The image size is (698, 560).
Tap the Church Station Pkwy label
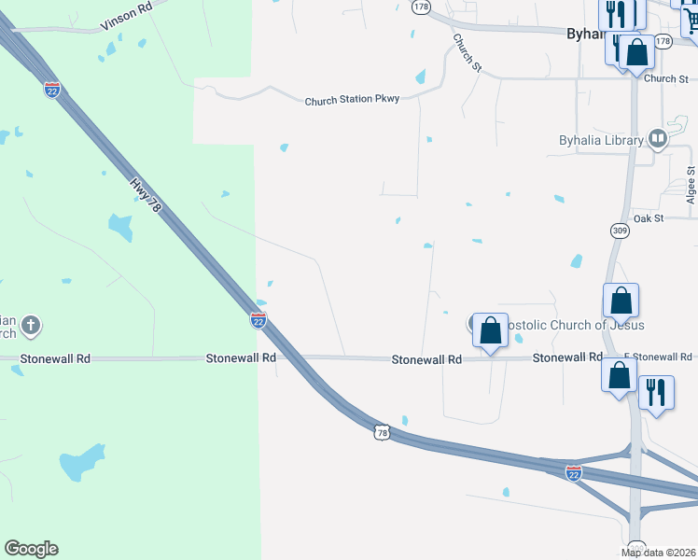[352, 99]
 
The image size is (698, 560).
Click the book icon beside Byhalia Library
[657, 140]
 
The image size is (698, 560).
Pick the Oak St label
[647, 217]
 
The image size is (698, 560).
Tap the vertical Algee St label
[691, 186]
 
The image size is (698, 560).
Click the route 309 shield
[621, 230]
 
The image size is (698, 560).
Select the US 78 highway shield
[380, 431]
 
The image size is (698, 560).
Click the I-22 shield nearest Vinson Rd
[53, 90]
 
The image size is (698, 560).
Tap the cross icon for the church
[31, 326]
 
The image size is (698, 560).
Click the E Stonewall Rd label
[658, 357]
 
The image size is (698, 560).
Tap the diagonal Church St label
[467, 53]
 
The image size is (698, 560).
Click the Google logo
[31, 549]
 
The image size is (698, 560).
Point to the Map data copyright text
[657, 553]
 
